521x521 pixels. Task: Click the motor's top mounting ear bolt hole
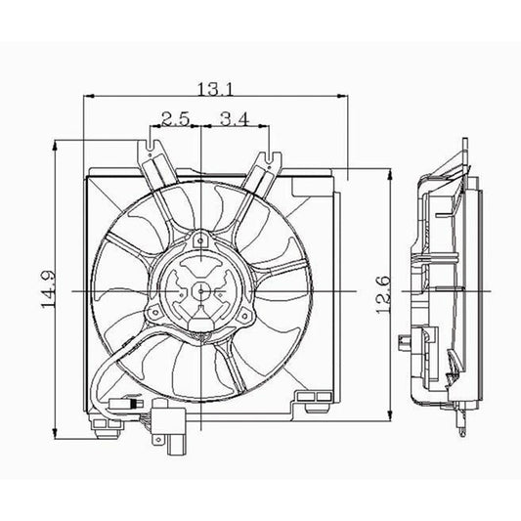pos(200,238)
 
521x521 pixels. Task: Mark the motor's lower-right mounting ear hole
pos(248,312)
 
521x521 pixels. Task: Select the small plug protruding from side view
pos(406,341)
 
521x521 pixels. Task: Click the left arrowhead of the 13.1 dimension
pos(91,96)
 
